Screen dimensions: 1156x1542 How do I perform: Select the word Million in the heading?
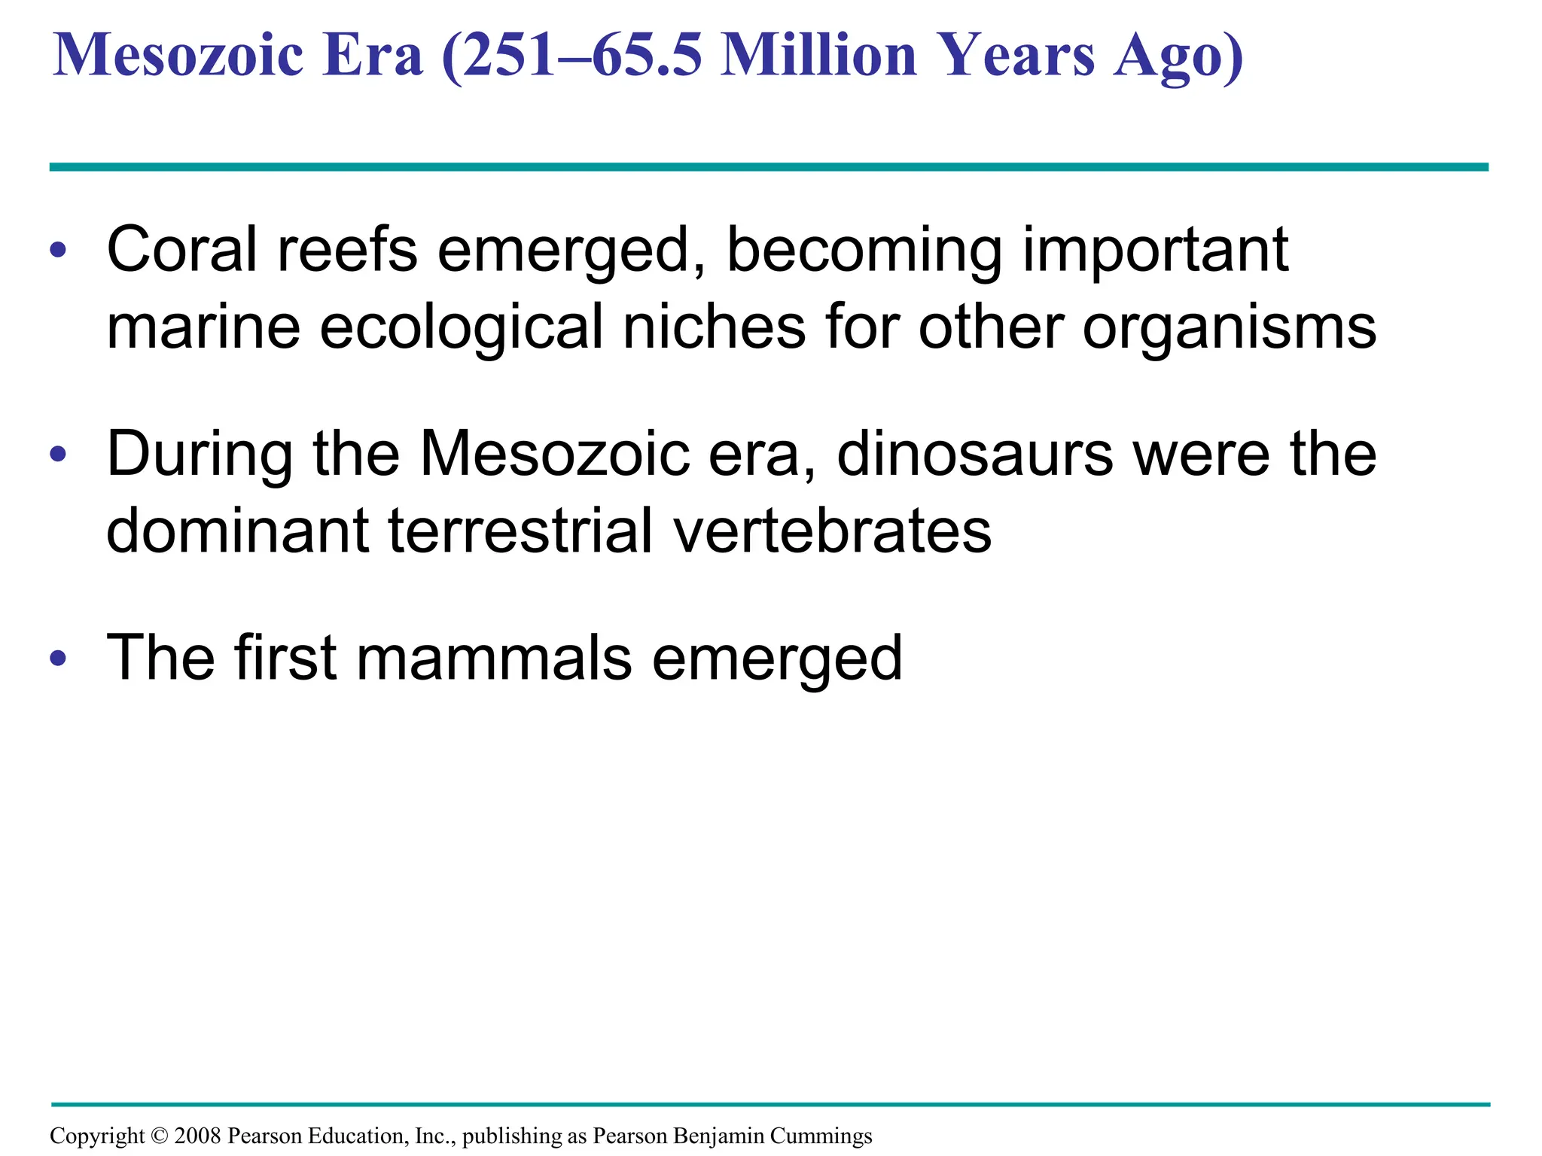[x=820, y=56]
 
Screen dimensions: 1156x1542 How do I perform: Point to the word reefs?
[x=347, y=250]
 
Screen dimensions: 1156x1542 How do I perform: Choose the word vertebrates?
[x=832, y=531]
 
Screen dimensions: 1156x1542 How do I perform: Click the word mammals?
[x=494, y=659]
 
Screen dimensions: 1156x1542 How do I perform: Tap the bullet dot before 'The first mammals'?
[x=58, y=659]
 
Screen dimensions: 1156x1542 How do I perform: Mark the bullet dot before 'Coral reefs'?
[x=58, y=251]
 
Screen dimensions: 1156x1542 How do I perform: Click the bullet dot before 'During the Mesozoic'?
[x=58, y=455]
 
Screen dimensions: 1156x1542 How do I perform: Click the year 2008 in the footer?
[x=197, y=1136]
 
